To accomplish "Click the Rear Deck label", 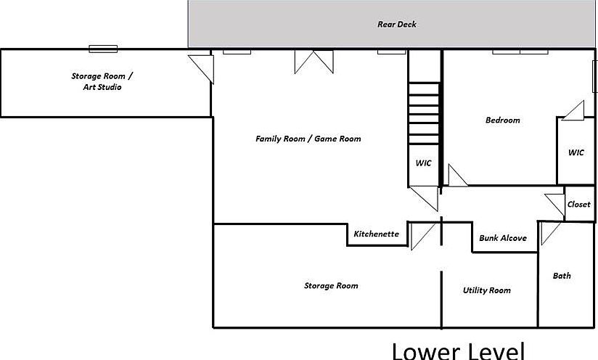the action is [x=397, y=25].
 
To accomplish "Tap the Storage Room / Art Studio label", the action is [x=102, y=81].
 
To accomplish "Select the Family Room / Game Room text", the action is [x=308, y=139].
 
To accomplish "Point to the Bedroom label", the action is [x=503, y=120].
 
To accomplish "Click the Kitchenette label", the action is [x=376, y=234].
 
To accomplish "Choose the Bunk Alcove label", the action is [x=503, y=238].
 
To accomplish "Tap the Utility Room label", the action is [x=487, y=290].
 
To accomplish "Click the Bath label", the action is [x=562, y=276].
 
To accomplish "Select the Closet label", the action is [x=578, y=205].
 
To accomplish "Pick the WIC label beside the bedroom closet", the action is [x=576, y=152].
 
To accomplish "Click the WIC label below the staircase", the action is [x=423, y=163].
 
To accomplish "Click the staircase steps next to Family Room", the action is [x=424, y=113].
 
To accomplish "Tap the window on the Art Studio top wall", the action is [x=103, y=49].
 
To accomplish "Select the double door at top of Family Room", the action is [x=314, y=62].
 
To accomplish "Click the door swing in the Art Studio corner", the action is [x=201, y=69].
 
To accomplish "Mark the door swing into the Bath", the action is [x=550, y=233].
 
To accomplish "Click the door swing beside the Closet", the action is [x=555, y=205].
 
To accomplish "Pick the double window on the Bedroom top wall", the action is [x=520, y=52].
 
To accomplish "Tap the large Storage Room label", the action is [x=331, y=286].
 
